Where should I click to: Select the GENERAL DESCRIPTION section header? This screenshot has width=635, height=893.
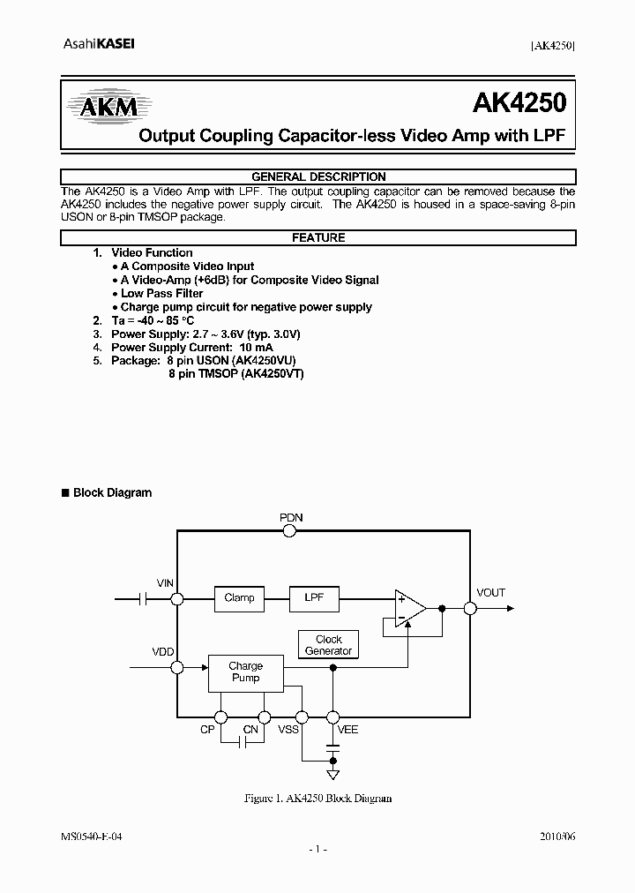tap(318, 176)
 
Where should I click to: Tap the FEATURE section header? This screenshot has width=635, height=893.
tap(318, 237)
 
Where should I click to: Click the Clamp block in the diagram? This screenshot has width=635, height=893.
tap(239, 598)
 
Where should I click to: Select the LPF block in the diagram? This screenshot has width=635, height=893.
tap(315, 598)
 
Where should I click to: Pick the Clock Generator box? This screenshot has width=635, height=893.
tap(328, 645)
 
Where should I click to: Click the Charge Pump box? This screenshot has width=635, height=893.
tap(245, 672)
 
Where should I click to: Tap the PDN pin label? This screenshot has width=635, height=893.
tap(291, 518)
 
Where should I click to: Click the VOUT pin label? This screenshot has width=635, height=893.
tap(490, 593)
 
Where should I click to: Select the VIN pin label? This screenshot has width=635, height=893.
tap(165, 584)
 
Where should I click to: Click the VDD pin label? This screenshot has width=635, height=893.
tap(163, 651)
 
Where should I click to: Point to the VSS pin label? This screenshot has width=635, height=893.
tap(288, 731)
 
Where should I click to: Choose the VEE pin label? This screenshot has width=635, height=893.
tap(348, 731)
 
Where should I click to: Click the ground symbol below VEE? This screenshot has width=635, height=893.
tap(332, 775)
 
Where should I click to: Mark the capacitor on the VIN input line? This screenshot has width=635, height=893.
tap(142, 599)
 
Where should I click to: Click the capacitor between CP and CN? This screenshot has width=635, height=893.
tap(241, 743)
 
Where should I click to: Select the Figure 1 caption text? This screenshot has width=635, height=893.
tap(317, 798)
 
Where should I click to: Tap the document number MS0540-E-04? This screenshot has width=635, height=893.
tap(92, 835)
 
